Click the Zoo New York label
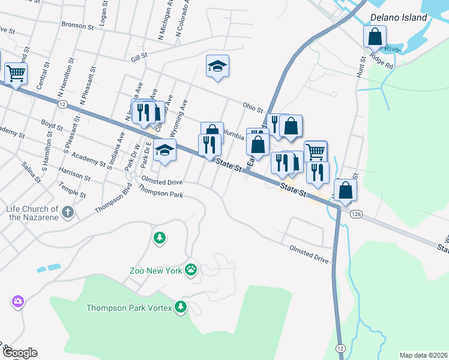pyautogui.click(x=155, y=271)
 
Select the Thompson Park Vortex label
pyautogui.click(x=129, y=308)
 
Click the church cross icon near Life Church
pyautogui.click(x=68, y=211)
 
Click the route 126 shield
pyautogui.click(x=357, y=214)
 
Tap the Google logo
pyautogui.click(x=20, y=353)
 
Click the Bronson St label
pyautogui.click(x=78, y=26)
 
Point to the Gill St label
pyautogui.click(x=139, y=57)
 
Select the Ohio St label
pyautogui.click(x=253, y=107)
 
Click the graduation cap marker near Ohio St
pyautogui.click(x=217, y=67)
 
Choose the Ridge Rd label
pyautogui.click(x=382, y=60)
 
